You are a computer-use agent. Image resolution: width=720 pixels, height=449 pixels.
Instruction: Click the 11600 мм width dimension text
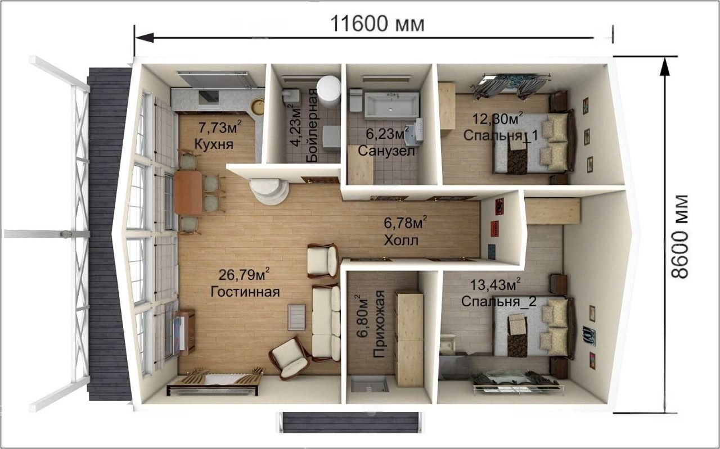(x=377, y=24)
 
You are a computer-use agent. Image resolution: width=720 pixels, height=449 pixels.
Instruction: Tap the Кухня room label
(x=214, y=144)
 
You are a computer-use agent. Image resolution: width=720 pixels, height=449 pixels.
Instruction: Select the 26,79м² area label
(x=244, y=274)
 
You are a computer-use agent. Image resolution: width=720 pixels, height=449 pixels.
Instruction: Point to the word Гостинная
(x=245, y=292)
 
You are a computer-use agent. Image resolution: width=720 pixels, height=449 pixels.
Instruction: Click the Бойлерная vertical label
(x=312, y=125)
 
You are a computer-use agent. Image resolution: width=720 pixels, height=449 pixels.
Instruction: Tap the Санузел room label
(x=386, y=151)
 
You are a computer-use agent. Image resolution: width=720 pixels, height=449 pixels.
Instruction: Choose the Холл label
(x=401, y=241)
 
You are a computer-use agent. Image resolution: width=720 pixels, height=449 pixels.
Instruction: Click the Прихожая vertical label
(x=379, y=324)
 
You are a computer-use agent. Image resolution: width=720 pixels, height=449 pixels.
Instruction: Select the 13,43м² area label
(x=496, y=284)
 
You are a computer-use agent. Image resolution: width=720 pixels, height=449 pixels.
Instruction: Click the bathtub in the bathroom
(x=392, y=105)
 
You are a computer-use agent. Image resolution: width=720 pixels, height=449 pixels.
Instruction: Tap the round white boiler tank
(x=328, y=91)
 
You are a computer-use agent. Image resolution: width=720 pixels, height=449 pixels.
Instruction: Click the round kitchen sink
(x=258, y=107)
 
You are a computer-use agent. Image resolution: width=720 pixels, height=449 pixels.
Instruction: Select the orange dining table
(x=188, y=192)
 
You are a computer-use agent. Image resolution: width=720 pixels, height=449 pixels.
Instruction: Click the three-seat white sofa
(x=326, y=323)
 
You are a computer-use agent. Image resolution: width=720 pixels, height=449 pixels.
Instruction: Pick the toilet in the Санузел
(x=356, y=100)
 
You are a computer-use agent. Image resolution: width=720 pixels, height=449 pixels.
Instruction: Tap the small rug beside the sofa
(x=296, y=317)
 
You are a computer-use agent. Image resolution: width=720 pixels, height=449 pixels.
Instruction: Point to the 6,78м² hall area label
(x=406, y=222)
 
